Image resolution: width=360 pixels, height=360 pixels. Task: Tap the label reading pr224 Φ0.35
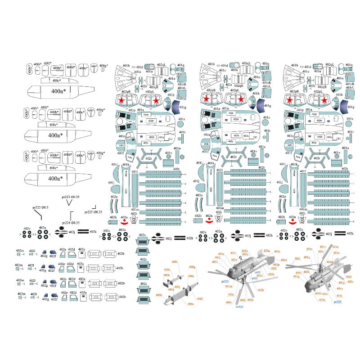click(71, 223)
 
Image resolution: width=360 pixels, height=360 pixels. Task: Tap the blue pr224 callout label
click(338, 302)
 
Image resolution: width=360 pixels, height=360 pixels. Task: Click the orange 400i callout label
click(174, 262)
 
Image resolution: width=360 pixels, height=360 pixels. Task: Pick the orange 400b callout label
click(158, 295)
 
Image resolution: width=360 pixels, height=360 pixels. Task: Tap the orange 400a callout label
click(191, 305)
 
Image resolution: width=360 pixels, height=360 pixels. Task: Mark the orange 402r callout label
click(230, 296)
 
